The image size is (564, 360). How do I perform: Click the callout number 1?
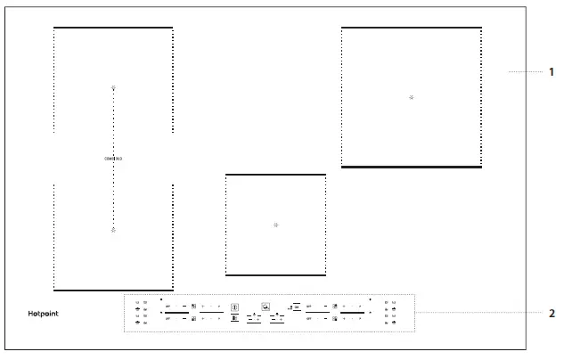tap(552, 71)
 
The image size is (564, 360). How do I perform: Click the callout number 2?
tap(552, 313)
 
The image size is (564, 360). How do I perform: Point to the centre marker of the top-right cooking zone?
tap(411, 96)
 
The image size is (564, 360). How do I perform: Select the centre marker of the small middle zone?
tap(276, 225)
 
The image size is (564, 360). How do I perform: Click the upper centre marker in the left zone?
tap(113, 88)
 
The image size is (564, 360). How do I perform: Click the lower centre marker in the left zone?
tap(113, 230)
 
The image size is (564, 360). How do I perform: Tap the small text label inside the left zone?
tap(113, 159)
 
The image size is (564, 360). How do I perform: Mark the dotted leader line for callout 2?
tap(481, 313)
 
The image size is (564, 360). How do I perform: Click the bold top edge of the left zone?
tap(113, 28)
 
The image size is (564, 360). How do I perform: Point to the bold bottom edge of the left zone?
tap(113, 290)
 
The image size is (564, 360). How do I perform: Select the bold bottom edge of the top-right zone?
tap(412, 167)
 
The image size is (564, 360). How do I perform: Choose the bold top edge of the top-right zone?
tap(412, 28)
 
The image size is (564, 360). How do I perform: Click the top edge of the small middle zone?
tap(275, 175)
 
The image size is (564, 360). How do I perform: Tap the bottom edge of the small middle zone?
tap(275, 275)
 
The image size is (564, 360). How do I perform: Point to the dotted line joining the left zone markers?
tap(113, 125)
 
